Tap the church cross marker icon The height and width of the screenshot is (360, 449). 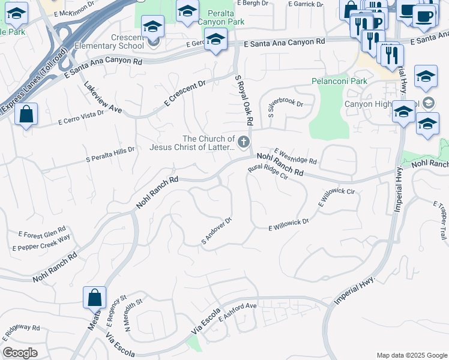(x=243, y=142)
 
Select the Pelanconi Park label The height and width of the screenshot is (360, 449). (x=339, y=81)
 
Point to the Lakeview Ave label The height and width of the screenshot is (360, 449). (x=103, y=97)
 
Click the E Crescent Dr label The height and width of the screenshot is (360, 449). (x=184, y=93)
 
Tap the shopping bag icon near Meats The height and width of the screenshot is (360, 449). (x=95, y=296)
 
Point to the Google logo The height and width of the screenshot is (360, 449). (x=20, y=353)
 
